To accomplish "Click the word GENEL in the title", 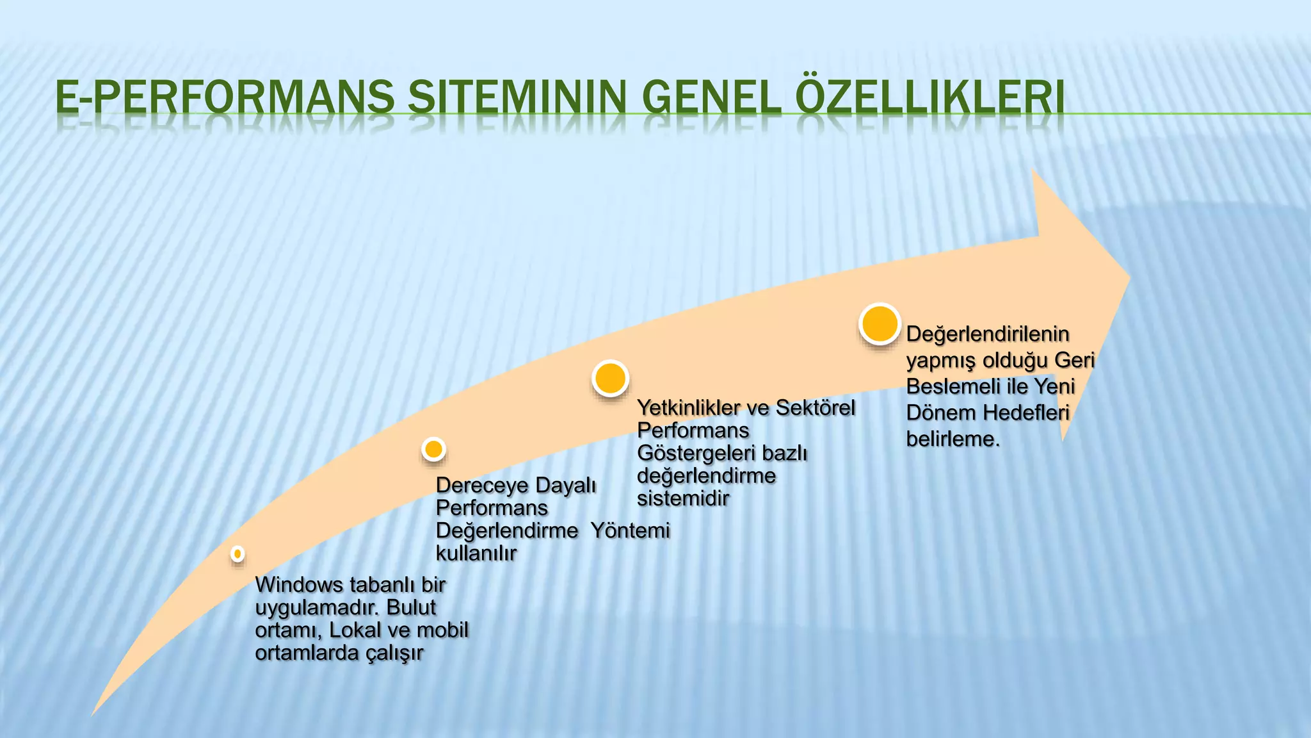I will pos(711,98).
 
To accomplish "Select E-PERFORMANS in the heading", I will pos(225,98).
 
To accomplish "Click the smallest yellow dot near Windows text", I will pos(237,553).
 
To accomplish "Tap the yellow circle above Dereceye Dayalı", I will pos(434,449).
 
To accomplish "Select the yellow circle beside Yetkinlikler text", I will pos(610,378).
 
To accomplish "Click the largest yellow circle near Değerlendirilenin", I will pos(880,324).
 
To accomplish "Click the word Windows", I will pos(299,584).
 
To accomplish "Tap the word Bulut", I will pos(411,607).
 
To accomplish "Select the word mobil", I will pos(442,630).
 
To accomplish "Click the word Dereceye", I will pos(479,486).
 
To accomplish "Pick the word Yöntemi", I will pos(630,530).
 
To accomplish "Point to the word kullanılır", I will pos(476,553).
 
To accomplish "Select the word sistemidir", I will pos(683,498).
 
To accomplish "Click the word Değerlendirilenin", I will pos(988,334).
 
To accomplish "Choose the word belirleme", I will pos(953,439).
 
